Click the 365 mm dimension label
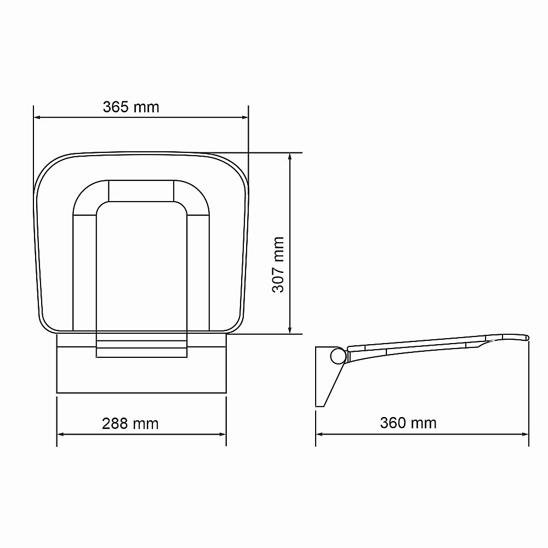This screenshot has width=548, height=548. click(131, 107)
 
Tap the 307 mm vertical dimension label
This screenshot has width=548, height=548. click(278, 265)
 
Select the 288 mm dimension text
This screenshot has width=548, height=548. click(130, 424)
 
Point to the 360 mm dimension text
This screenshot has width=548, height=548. click(408, 423)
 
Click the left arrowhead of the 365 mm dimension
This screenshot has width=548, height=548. click(37, 117)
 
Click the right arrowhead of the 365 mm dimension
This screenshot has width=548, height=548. click(245, 117)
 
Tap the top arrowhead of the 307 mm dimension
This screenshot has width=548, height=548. click(290, 156)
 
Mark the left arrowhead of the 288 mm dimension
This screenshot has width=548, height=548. click(61, 434)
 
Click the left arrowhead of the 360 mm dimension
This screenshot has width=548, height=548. click(319, 434)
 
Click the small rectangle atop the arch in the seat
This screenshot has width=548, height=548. click(141, 190)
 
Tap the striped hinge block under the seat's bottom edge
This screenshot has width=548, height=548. click(141, 349)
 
